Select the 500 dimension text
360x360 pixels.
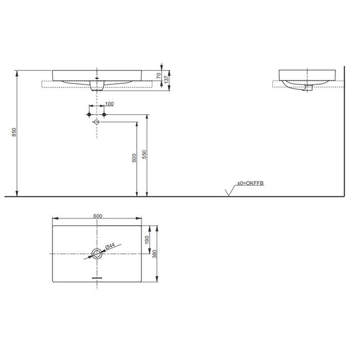[134, 158]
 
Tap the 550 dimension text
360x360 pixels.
[145, 154]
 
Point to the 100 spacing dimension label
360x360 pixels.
[109, 104]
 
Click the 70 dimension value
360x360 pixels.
[159, 75]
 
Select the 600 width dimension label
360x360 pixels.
[97, 216]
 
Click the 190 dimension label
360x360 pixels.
[147, 239]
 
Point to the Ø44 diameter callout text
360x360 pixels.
[109, 247]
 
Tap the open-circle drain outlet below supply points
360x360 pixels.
[97, 122]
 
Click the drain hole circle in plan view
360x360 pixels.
[97, 253]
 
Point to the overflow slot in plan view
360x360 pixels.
[97, 277]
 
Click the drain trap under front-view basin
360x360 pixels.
[97, 87]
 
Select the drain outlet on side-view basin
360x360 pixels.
[309, 89]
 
